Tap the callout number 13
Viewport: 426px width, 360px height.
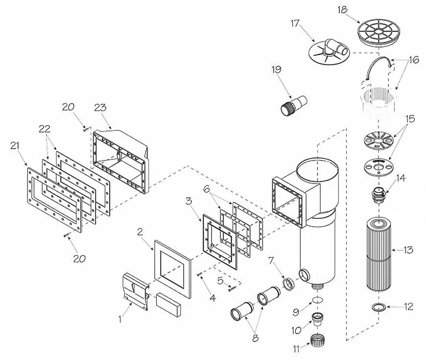408,250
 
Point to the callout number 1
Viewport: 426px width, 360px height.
120,319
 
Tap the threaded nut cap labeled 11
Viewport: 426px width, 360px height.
319,338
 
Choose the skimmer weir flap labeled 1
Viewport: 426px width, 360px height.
137,292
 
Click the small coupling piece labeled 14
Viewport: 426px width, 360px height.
379,192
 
